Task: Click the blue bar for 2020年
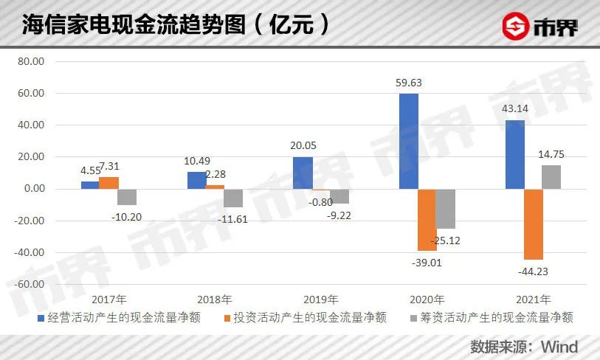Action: point(409,141)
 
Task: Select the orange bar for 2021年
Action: point(533,224)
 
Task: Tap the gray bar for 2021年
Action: point(551,177)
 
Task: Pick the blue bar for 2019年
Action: point(303,173)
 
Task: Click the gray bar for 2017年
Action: point(127,197)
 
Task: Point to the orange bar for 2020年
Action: point(427,220)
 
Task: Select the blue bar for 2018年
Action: point(196,180)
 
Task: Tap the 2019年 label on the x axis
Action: point(320,300)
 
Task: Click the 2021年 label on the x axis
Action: point(533,300)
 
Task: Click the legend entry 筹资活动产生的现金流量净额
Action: point(489,318)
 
